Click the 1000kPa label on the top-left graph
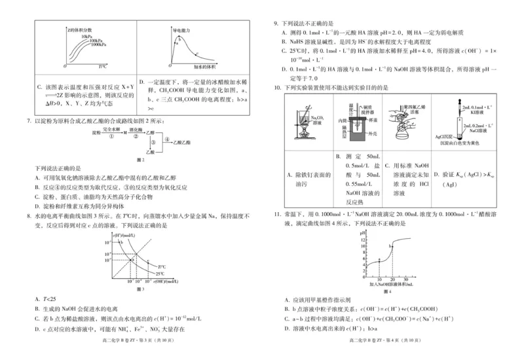tap(100, 45)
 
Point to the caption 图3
tap(139, 289)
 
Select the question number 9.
tap(276, 22)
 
